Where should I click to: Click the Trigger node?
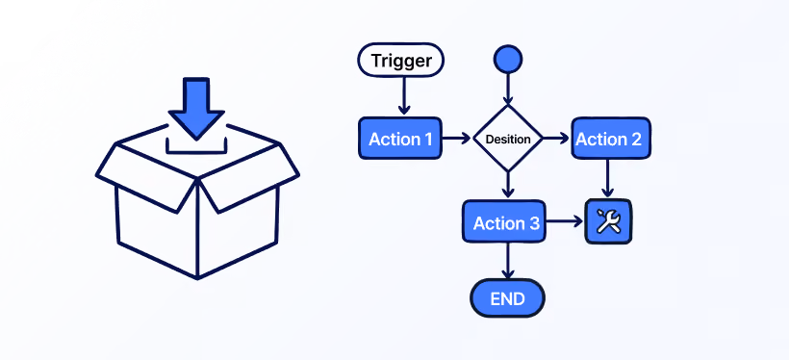coord(400,60)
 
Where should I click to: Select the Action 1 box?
coord(400,139)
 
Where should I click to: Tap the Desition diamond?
coord(508,139)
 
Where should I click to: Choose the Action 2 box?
coord(611,139)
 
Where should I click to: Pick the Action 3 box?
coord(504,221)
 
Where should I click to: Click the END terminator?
coord(508,298)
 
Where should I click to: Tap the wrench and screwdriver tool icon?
coord(608,221)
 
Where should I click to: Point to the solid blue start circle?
coord(508,59)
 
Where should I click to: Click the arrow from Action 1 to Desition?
coord(456,139)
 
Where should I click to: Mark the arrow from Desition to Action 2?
coord(556,139)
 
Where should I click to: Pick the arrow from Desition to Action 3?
coord(508,185)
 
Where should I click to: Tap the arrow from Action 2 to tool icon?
coord(608,178)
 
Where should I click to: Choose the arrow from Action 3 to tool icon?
coord(565,221)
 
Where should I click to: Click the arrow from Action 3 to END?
coord(508,261)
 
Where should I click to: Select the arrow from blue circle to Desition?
coord(508,89)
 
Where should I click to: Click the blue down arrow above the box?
coord(196,108)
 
